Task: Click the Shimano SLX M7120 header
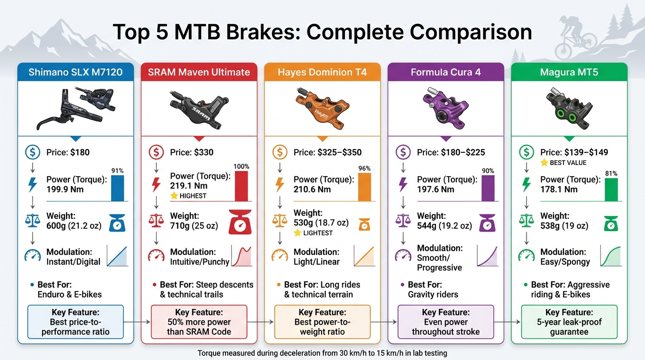[75, 72]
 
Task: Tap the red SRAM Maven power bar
[241, 186]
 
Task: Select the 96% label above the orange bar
[364, 169]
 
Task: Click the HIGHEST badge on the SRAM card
[189, 196]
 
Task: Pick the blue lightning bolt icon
[32, 184]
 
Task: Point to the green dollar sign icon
[527, 152]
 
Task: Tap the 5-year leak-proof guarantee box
[569, 322]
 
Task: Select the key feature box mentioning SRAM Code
[199, 322]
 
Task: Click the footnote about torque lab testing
[322, 353]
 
